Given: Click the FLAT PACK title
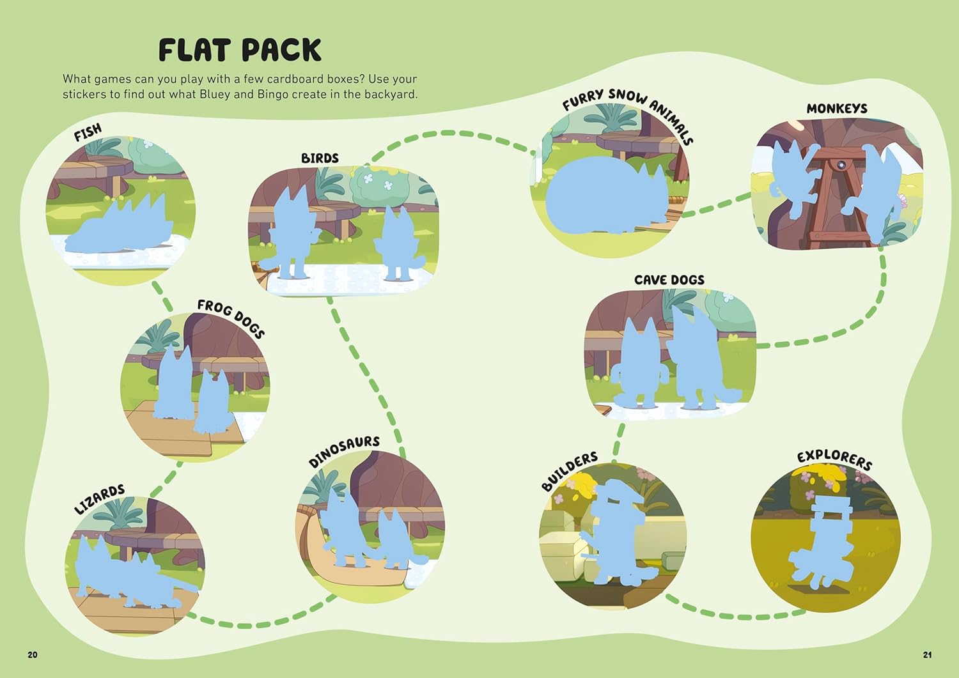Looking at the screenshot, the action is pos(240,50).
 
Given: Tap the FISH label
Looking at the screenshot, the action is pos(88,132).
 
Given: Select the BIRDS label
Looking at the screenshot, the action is pos(320,158).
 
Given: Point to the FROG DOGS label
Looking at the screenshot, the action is pos(231,319).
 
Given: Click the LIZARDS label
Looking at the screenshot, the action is pos(99,500).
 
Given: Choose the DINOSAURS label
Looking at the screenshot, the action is pos(344,451).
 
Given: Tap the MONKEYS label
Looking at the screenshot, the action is pos(837,109).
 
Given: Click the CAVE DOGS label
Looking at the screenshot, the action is pos(669,280).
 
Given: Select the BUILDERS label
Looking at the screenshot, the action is pos(570,471).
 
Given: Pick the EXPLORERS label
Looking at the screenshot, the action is pos(834,459).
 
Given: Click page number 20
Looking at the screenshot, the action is pos(33,654).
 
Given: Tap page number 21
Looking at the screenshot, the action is pos(927,654).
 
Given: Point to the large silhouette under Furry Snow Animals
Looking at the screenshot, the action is pos(607,195).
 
